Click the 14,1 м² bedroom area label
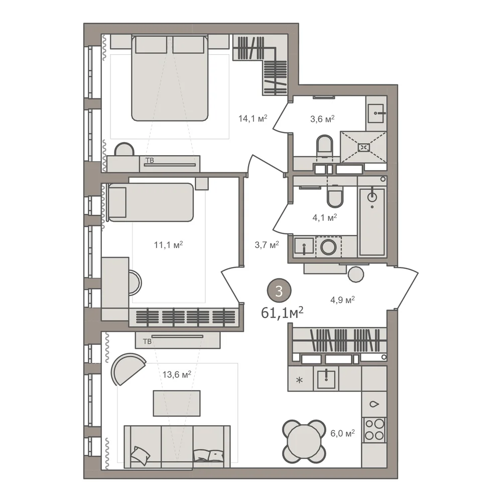coord(253,118)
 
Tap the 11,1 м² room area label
coord(168,245)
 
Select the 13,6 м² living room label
coord(177,374)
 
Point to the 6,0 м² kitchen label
coord(342,433)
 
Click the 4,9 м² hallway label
coord(342,300)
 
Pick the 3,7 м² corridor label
coord(267,245)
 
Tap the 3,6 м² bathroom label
coord(322,119)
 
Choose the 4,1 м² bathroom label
coord(325,218)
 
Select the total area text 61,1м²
coord(282,313)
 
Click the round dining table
coord(304,441)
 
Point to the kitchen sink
coord(326,379)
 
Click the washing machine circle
coord(328,247)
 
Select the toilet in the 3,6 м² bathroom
coord(324,147)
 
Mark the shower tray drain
coord(363,148)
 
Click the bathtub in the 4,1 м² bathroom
coord(372,221)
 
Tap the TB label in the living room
coord(147,341)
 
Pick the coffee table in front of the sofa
coord(177,403)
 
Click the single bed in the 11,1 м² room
coord(151,202)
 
